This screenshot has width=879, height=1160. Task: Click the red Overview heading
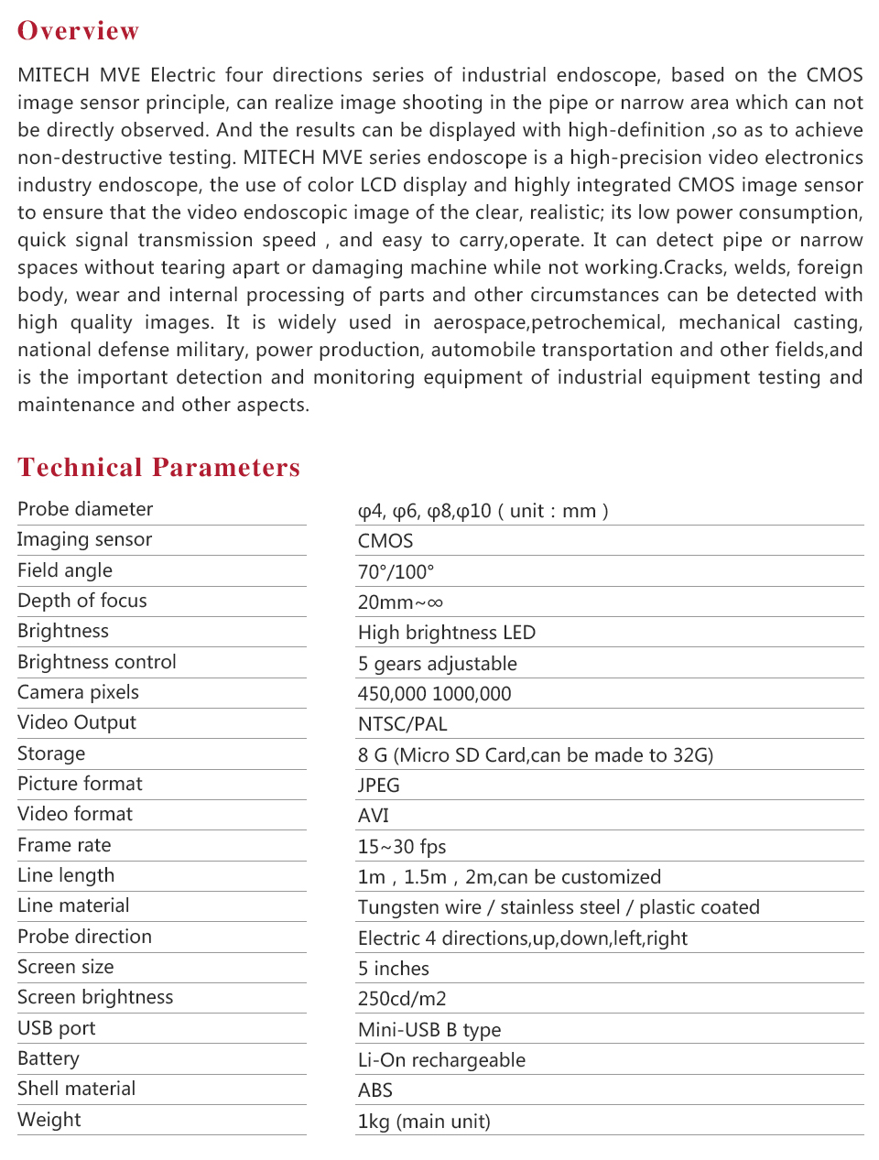(x=79, y=31)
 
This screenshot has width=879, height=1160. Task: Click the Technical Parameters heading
(x=158, y=468)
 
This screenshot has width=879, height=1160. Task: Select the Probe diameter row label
(x=85, y=509)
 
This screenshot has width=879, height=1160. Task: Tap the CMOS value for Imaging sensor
(x=385, y=541)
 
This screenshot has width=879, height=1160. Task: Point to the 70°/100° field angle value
(x=396, y=572)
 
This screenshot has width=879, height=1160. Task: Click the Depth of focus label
(x=82, y=601)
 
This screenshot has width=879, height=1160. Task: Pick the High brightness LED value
(x=447, y=633)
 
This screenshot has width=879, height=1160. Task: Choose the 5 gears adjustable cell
(x=438, y=664)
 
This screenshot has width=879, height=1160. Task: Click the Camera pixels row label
(x=79, y=692)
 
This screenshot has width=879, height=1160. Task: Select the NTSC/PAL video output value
(x=403, y=724)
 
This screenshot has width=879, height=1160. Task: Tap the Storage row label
(x=51, y=753)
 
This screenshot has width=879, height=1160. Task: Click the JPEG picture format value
(x=379, y=786)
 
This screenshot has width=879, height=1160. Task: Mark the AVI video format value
(x=374, y=816)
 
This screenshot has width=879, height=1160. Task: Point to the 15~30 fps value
(x=402, y=847)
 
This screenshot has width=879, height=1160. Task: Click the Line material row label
(x=73, y=905)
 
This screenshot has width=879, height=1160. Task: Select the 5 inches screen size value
(x=394, y=969)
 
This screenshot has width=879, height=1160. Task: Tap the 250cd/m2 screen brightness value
(x=402, y=999)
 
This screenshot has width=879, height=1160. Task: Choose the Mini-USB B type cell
(x=429, y=1030)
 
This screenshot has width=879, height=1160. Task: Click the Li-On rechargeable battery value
(x=441, y=1060)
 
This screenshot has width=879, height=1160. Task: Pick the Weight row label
(x=49, y=1120)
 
